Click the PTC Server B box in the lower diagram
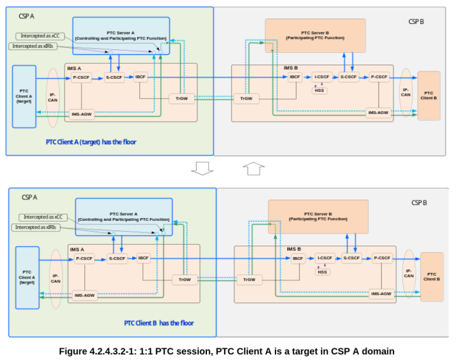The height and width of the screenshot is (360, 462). pos(317,216)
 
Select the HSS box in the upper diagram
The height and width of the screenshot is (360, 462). pos(319,90)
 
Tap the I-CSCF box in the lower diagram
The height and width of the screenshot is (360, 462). pos(324,259)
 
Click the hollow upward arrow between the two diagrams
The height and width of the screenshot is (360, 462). pos(253,168)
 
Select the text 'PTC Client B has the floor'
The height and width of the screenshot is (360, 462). pos(158,323)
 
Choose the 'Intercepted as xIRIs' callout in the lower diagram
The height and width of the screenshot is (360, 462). pos(38,227)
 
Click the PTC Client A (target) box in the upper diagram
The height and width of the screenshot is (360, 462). pos(24,96)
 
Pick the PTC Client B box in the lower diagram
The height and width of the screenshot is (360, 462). pos(431,276)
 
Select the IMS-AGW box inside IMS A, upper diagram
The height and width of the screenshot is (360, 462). pos(82,114)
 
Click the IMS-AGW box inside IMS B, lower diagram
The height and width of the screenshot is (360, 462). pos(380,293)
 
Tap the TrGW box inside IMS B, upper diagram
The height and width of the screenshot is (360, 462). pos(245,99)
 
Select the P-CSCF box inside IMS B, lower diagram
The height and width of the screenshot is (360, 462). pos(382,259)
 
